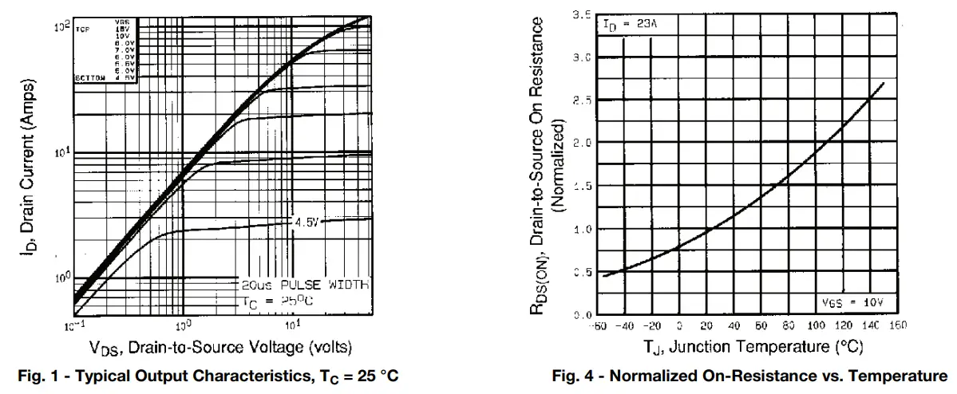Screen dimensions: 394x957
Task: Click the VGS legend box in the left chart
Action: point(105,50)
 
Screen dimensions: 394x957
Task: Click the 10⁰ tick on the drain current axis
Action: point(61,278)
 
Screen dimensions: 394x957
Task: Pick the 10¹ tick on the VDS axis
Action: point(292,325)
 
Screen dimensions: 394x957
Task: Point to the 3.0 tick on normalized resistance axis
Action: point(581,57)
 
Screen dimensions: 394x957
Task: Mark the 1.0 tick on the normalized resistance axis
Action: point(581,229)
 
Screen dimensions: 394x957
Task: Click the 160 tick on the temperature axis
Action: point(899,325)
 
